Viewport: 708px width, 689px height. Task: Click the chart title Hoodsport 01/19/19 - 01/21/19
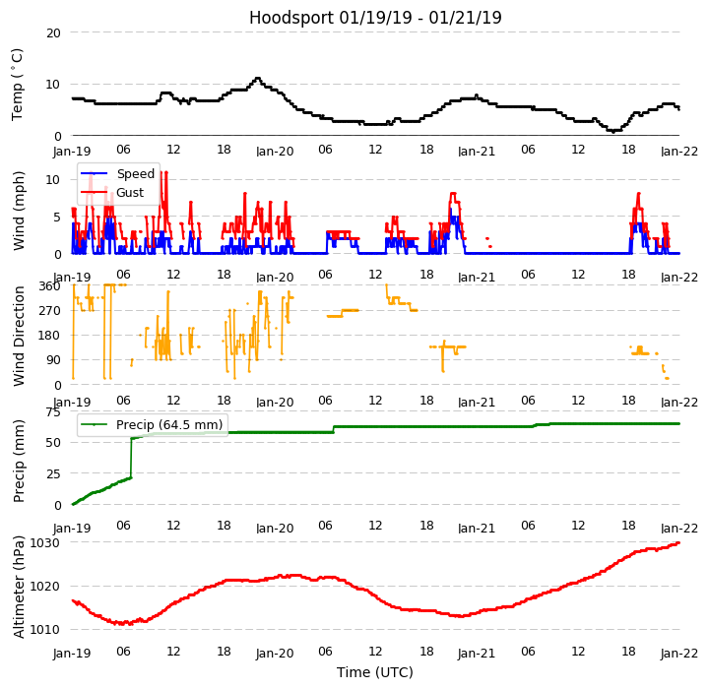click(x=375, y=18)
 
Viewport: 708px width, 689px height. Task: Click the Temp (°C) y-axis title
click(x=18, y=84)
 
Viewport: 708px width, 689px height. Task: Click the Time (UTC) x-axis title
click(x=375, y=672)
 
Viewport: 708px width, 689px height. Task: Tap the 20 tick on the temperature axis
click(x=53, y=32)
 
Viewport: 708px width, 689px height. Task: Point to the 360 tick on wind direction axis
click(x=49, y=285)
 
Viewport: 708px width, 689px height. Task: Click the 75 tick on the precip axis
click(x=53, y=411)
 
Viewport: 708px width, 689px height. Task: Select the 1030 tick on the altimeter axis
click(x=45, y=542)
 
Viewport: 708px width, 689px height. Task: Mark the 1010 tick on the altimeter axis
click(x=45, y=629)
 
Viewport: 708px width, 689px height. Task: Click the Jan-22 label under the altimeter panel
click(x=679, y=654)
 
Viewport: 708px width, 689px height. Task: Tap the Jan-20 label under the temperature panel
click(x=275, y=152)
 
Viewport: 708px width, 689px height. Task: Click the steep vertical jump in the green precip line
click(x=131, y=458)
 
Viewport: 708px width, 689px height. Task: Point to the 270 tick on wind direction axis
click(x=49, y=310)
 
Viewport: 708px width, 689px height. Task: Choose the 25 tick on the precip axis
click(x=53, y=473)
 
